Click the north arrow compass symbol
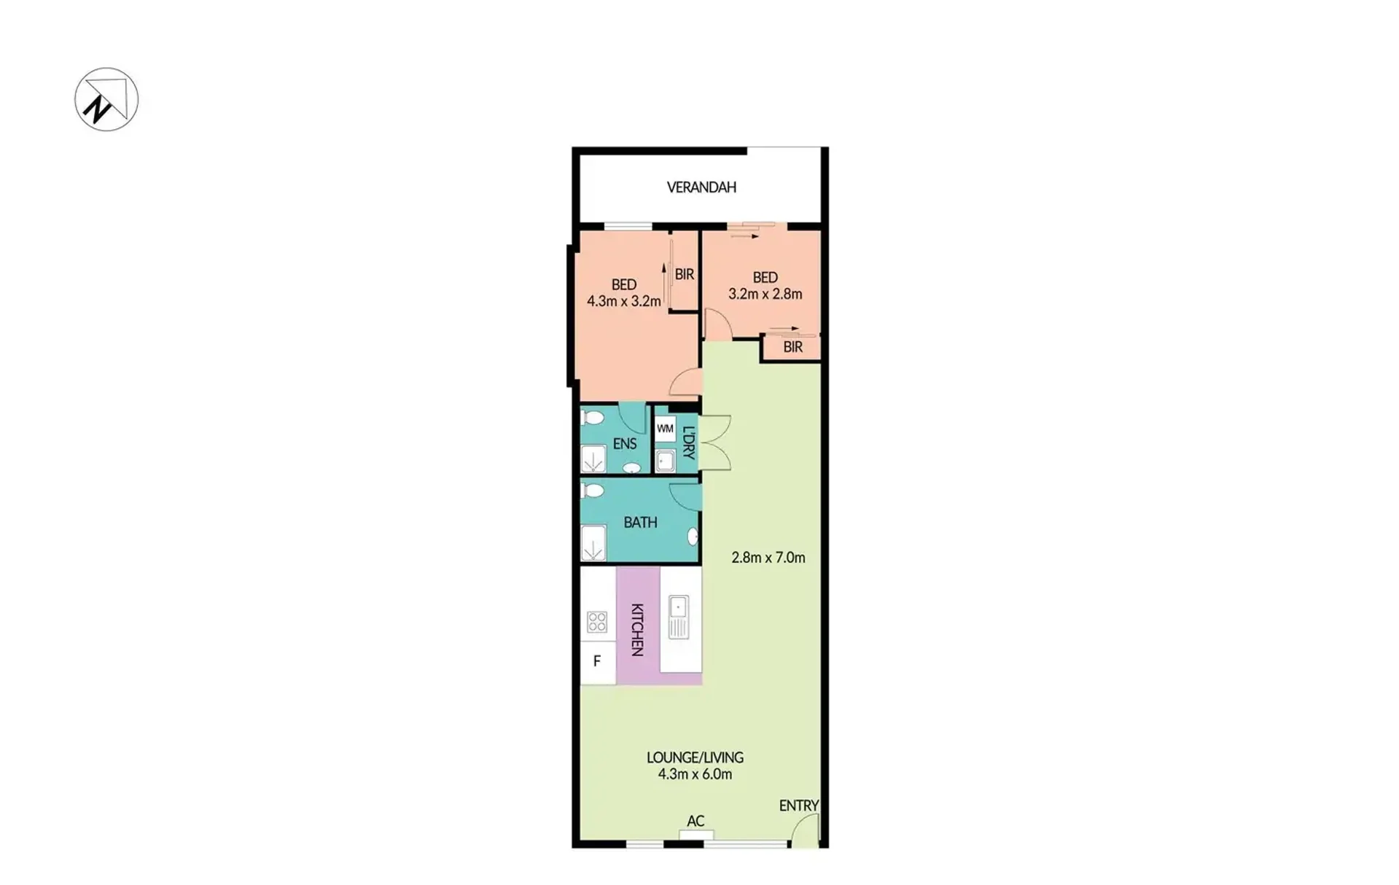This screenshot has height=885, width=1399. coord(106,99)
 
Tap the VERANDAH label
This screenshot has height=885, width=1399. coord(701,187)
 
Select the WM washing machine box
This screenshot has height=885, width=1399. coord(665,429)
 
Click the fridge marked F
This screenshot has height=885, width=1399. coord(597,662)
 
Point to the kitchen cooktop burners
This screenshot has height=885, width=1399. coord(597,622)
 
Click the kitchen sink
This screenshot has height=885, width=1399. coord(679,617)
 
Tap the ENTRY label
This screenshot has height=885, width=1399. coord(798,806)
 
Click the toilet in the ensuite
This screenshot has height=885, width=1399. coord(593,418)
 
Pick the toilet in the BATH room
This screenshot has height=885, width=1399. coord(593,491)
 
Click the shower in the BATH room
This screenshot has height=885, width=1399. coord(593,543)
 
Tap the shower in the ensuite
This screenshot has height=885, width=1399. coord(593,460)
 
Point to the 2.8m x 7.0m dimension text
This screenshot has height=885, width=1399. coord(768,558)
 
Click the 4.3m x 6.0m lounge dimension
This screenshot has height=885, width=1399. coord(695,774)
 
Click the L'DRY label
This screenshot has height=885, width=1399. coord(689,442)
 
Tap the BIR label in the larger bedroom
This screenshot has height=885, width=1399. coord(685,275)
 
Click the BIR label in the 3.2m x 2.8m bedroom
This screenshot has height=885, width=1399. coord(793,347)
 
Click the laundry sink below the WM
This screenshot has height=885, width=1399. coord(665,461)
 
